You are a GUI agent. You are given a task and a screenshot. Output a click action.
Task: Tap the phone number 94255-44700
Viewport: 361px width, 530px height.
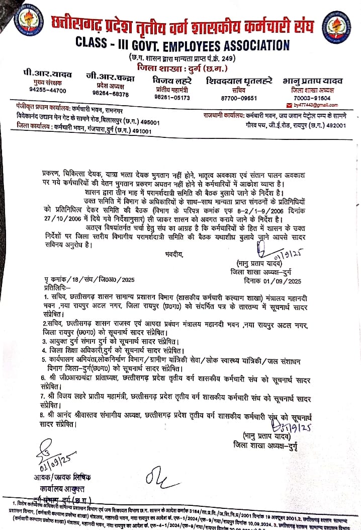click(47, 91)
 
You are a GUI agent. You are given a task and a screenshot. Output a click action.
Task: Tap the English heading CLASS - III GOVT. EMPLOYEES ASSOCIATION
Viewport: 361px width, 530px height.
click(182, 45)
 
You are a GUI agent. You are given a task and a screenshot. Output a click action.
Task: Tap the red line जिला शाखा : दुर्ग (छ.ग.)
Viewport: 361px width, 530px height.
click(182, 67)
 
